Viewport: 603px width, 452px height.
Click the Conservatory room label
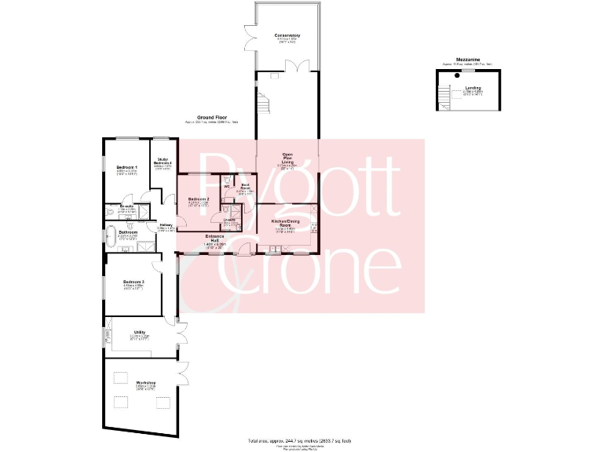tap(287, 36)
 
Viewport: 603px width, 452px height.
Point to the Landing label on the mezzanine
tap(473, 88)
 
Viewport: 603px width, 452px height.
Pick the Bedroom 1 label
tap(127, 168)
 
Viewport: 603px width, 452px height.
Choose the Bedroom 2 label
tap(199, 199)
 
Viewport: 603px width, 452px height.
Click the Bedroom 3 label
tap(133, 282)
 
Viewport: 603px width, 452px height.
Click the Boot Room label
tap(245, 188)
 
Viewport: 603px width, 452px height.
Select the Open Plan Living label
tap(287, 158)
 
